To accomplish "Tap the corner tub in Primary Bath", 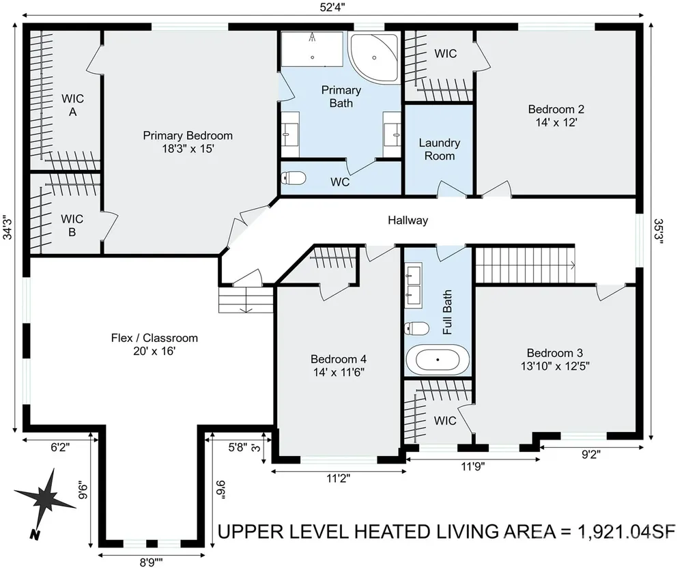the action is [375, 57].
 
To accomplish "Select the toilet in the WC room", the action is [294, 178].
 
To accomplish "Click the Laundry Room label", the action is [440, 149].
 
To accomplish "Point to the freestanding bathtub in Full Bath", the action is [438, 359].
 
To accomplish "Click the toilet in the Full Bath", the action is [417, 328].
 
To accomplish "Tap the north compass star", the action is [44, 500].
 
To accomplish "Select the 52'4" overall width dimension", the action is [332, 8].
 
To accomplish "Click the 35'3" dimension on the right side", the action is [659, 231].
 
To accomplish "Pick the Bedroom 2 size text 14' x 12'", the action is [556, 122].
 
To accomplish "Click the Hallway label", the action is [408, 220].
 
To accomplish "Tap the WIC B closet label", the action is [72, 225].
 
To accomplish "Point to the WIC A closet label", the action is [72, 105].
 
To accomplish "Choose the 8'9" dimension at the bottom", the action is [151, 562].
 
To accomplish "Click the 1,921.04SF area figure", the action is [627, 532].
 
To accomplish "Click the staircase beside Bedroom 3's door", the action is [525, 265].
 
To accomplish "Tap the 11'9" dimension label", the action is [472, 467].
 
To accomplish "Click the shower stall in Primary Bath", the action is [312, 49].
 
